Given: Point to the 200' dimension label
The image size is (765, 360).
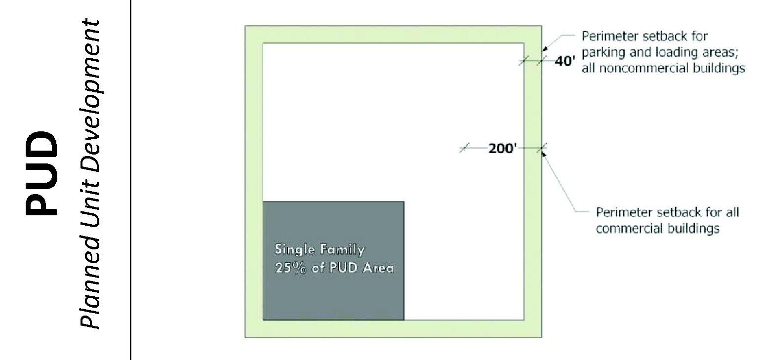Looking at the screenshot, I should tap(502, 148).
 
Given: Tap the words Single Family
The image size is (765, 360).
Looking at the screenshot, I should tap(320, 249).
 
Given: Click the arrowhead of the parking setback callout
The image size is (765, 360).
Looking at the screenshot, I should tap(544, 49).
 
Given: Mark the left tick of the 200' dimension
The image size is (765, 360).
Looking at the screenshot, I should tap(463, 148).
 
